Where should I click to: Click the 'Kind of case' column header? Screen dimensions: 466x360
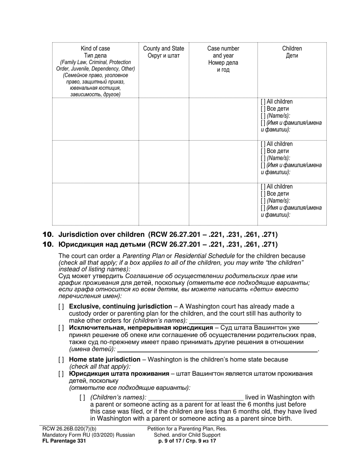(95, 48)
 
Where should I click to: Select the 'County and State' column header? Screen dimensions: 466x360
(163, 48)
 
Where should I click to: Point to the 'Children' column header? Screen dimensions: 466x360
(292, 48)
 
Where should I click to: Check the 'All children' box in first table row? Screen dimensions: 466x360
(263, 102)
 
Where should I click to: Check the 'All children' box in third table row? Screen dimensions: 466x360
(263, 187)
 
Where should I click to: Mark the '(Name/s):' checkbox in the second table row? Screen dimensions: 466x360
(263, 158)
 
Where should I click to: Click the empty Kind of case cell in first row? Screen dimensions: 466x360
(95, 119)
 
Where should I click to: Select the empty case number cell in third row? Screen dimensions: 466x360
(223, 204)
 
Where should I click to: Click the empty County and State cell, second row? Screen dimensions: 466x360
(163, 161)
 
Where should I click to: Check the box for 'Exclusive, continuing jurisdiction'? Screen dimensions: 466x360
(61, 306)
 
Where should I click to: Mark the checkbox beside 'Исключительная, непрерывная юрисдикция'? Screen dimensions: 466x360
(61, 328)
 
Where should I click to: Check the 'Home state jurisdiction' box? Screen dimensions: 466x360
(61, 360)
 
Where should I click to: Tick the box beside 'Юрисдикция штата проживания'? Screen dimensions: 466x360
(61, 374)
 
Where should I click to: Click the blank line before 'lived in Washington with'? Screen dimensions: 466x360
(196, 397)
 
